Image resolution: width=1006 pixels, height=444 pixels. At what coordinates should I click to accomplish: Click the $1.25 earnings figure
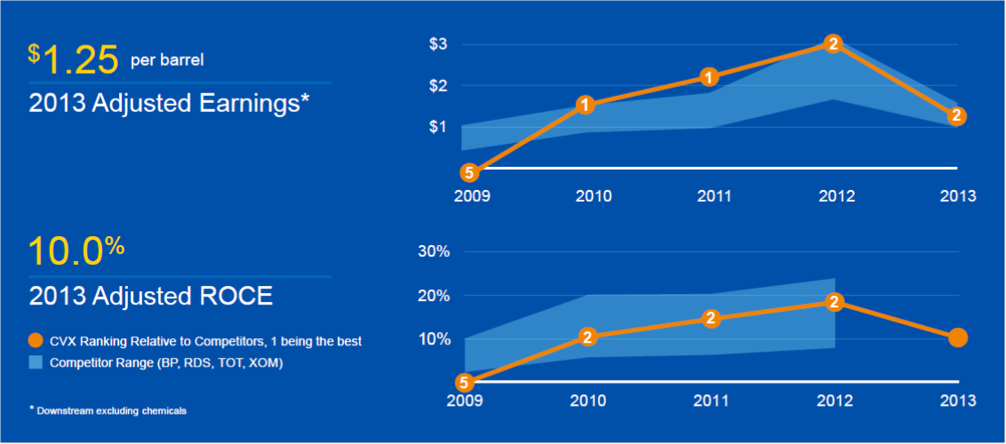(x=74, y=59)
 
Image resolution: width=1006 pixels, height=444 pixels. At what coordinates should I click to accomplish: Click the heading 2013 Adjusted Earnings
(x=169, y=103)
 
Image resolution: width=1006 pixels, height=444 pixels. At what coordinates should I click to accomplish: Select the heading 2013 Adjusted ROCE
(x=151, y=296)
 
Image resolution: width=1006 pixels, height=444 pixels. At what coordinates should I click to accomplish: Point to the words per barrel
(x=167, y=60)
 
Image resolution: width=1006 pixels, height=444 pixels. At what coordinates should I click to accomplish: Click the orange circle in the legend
(x=36, y=341)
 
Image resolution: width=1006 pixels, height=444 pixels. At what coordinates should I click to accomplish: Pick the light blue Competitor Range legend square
(x=36, y=361)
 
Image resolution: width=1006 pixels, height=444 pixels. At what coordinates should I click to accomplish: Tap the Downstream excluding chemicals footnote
(x=111, y=410)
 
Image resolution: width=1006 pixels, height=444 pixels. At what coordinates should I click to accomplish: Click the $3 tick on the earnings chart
(x=438, y=44)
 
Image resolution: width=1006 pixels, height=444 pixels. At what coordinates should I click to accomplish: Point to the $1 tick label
(x=438, y=127)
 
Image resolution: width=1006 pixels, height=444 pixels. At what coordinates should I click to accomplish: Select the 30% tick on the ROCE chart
(x=435, y=252)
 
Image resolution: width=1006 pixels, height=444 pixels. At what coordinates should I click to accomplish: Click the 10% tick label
(x=435, y=339)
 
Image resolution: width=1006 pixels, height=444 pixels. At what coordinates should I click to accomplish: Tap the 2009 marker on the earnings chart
(x=469, y=172)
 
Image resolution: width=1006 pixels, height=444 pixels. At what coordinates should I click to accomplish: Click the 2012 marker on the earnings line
(x=833, y=43)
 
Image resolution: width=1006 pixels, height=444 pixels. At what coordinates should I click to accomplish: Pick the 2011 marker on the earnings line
(x=708, y=77)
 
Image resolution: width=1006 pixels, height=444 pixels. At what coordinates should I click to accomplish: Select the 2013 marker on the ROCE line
(x=957, y=337)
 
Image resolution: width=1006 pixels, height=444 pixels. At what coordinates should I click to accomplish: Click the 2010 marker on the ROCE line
(x=587, y=337)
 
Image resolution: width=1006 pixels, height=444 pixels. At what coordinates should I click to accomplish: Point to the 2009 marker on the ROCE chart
(x=463, y=383)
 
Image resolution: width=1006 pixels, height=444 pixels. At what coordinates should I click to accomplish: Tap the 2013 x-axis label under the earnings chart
(x=957, y=196)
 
